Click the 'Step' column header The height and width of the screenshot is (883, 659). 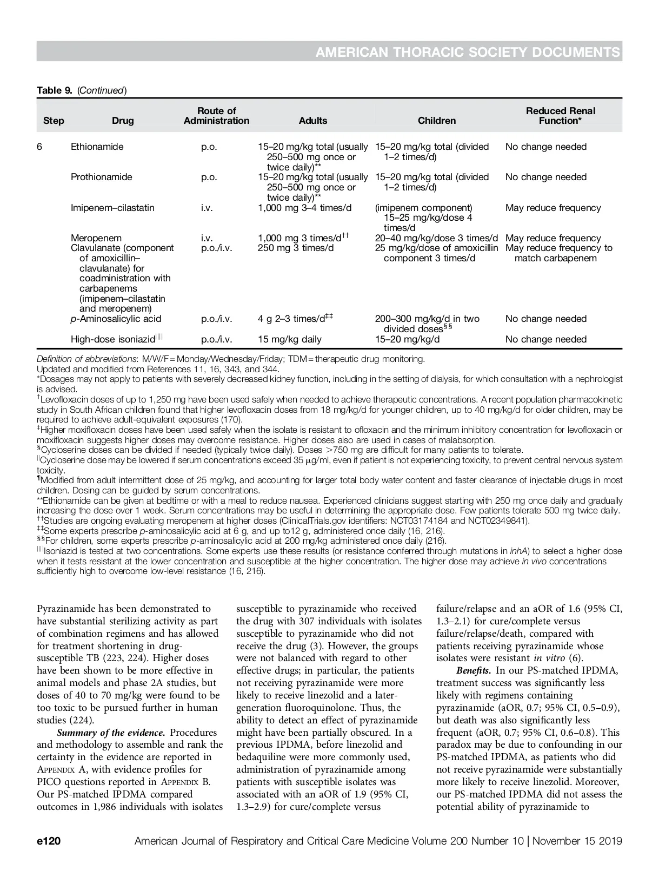tap(53, 121)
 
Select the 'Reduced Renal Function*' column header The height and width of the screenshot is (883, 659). tap(560, 116)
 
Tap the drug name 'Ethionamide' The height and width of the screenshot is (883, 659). tap(97, 147)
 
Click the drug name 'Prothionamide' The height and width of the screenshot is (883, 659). tap(101, 177)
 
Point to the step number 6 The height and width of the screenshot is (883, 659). tap(39, 147)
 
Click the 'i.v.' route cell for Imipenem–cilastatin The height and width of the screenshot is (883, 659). tap(207, 208)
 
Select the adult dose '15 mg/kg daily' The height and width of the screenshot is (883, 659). tap(289, 339)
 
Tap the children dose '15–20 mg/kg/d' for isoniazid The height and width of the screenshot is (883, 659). tap(407, 339)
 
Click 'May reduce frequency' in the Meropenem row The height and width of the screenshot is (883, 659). tap(553, 238)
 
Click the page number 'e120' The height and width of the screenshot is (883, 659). tap(48, 841)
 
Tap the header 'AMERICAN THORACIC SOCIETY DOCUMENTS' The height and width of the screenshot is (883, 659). tap(467, 52)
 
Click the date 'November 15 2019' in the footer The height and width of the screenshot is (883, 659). tap(577, 841)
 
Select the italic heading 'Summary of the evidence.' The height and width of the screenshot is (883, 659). tap(111, 733)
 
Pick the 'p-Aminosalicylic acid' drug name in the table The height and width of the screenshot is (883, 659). tap(116, 319)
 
